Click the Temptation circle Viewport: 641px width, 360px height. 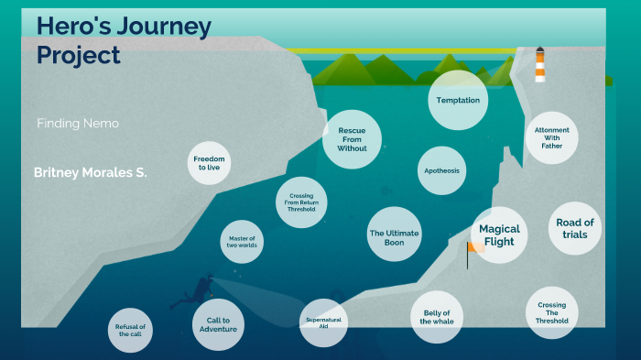(458, 100)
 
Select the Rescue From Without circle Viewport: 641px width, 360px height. (352, 139)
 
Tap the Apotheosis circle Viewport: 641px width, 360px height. (442, 170)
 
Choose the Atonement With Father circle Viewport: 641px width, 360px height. (551, 137)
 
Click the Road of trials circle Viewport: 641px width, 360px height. (575, 228)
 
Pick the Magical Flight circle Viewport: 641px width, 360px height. (499, 235)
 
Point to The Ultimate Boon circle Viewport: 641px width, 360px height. (394, 234)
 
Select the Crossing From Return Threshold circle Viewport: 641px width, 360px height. (301, 202)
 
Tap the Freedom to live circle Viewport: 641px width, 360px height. (209, 163)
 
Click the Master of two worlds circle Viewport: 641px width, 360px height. (243, 241)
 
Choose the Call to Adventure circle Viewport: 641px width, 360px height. (218, 324)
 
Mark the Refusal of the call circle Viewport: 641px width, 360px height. (130, 330)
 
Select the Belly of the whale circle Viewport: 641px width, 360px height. (436, 317)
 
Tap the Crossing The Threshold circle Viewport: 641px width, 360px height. (552, 312)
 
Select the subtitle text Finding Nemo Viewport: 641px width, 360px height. (78, 124)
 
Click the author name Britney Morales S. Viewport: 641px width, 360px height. (90, 172)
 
